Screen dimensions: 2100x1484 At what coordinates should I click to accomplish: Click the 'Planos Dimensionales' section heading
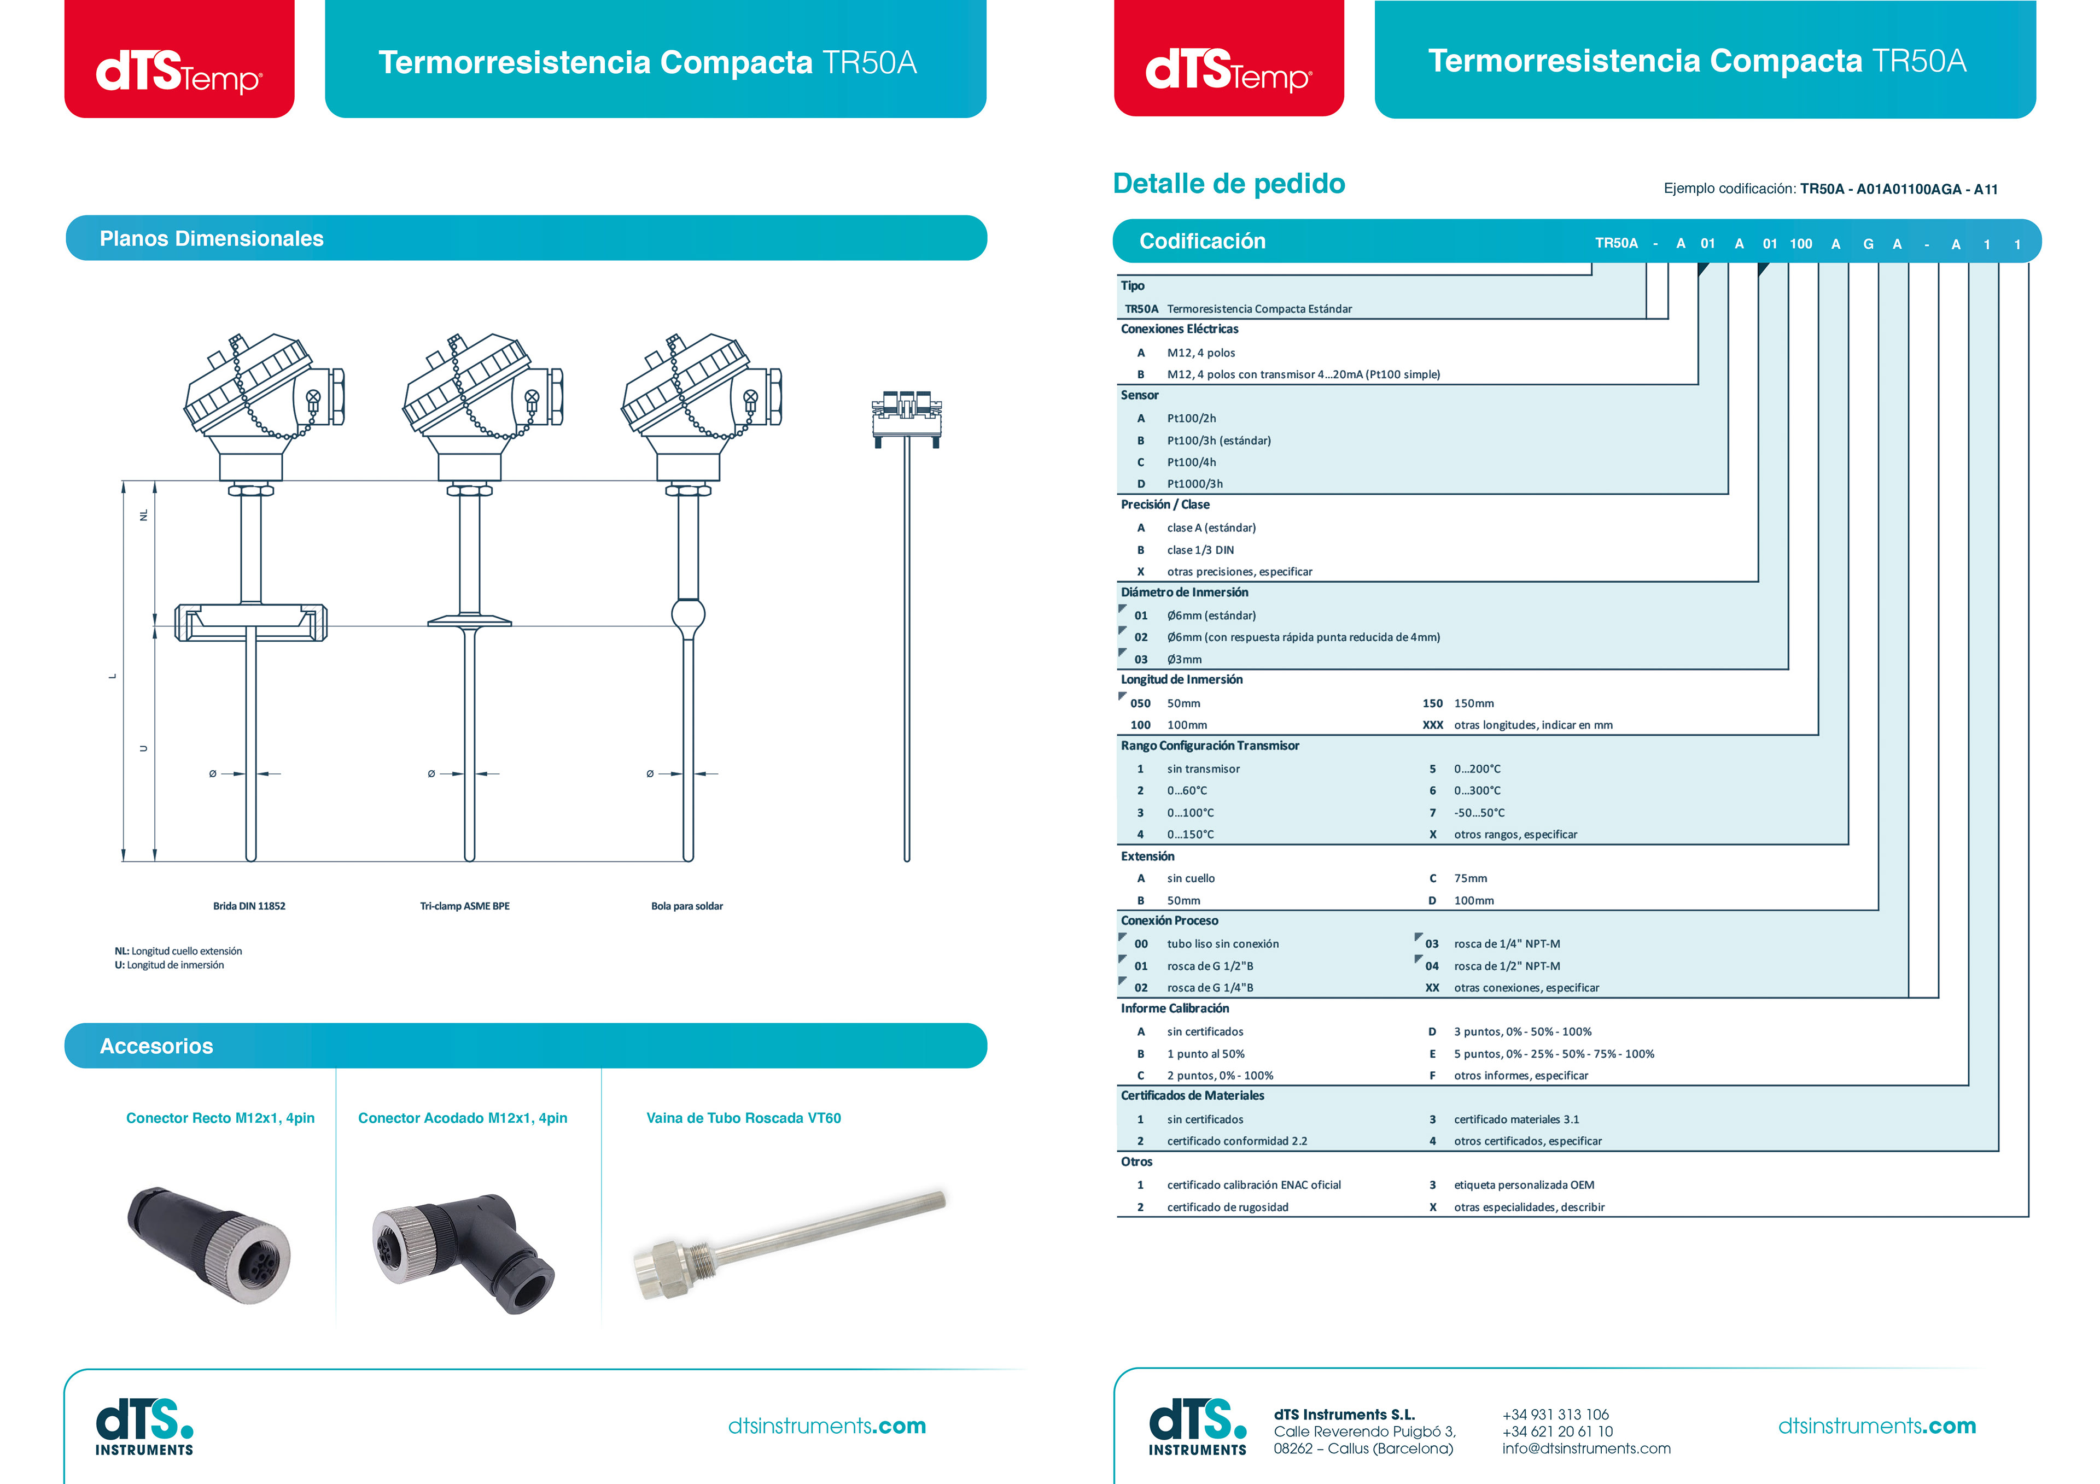pyautogui.click(x=211, y=239)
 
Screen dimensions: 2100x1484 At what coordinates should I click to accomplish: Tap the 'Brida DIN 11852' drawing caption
pyautogui.click(x=249, y=906)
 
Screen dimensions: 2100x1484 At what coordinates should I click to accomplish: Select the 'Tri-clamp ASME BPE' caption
pyautogui.click(x=465, y=906)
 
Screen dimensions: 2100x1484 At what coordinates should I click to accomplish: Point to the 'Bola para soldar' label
pyautogui.click(x=687, y=906)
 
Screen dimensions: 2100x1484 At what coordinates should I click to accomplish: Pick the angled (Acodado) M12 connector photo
pyautogui.click(x=463, y=1250)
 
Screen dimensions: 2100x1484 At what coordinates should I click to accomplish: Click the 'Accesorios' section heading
pyautogui.click(x=156, y=1046)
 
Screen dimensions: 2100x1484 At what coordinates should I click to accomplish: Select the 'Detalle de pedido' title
pyautogui.click(x=1228, y=184)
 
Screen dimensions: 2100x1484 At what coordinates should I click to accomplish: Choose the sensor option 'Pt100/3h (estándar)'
pyautogui.click(x=1218, y=441)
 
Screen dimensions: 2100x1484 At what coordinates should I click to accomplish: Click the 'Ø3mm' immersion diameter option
pyautogui.click(x=1185, y=659)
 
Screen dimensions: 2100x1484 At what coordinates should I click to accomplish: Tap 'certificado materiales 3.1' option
pyautogui.click(x=1515, y=1120)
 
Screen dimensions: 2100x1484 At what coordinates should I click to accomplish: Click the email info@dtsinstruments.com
pyautogui.click(x=1586, y=1448)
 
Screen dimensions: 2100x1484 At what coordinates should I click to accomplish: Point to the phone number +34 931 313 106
pyautogui.click(x=1555, y=1415)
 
